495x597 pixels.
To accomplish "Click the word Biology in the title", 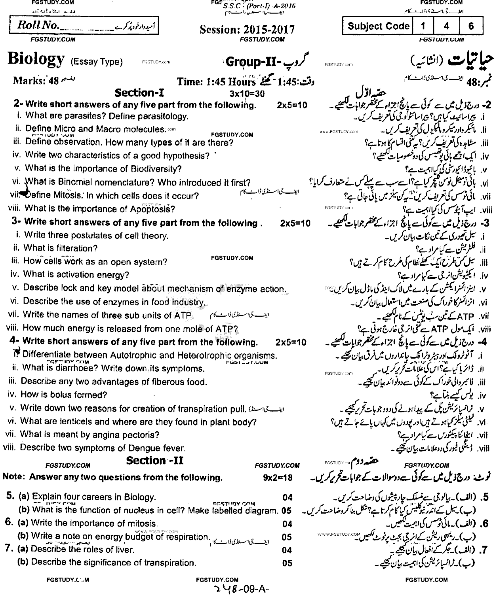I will (x=36, y=60).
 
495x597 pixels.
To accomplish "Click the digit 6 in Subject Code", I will (x=471, y=26).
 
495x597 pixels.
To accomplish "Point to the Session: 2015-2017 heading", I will (x=247, y=30).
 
